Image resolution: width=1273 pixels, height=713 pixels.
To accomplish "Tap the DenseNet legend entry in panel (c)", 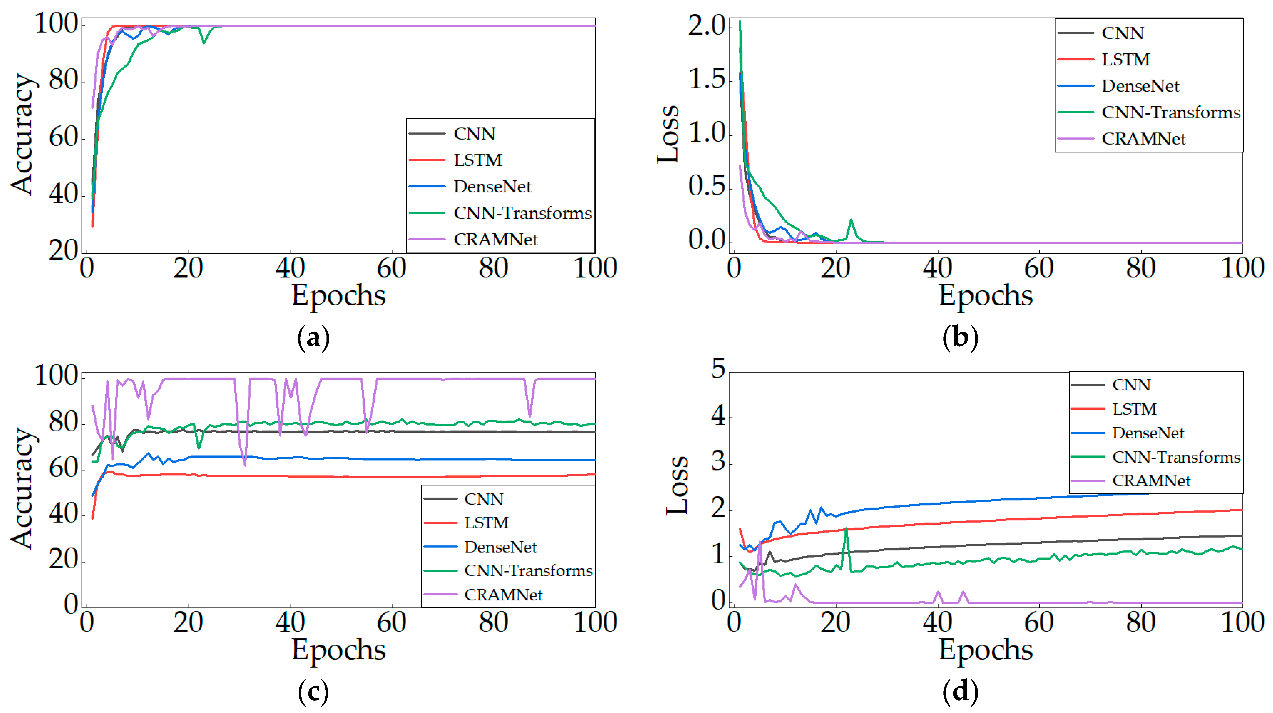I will point(500,547).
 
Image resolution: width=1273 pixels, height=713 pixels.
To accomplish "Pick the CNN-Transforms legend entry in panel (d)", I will point(1176,457).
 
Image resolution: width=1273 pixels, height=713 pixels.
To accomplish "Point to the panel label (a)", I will point(313,338).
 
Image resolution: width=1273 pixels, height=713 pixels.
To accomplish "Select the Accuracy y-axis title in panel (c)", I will point(22,488).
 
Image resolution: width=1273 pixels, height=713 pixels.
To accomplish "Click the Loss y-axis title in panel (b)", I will point(668,133).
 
